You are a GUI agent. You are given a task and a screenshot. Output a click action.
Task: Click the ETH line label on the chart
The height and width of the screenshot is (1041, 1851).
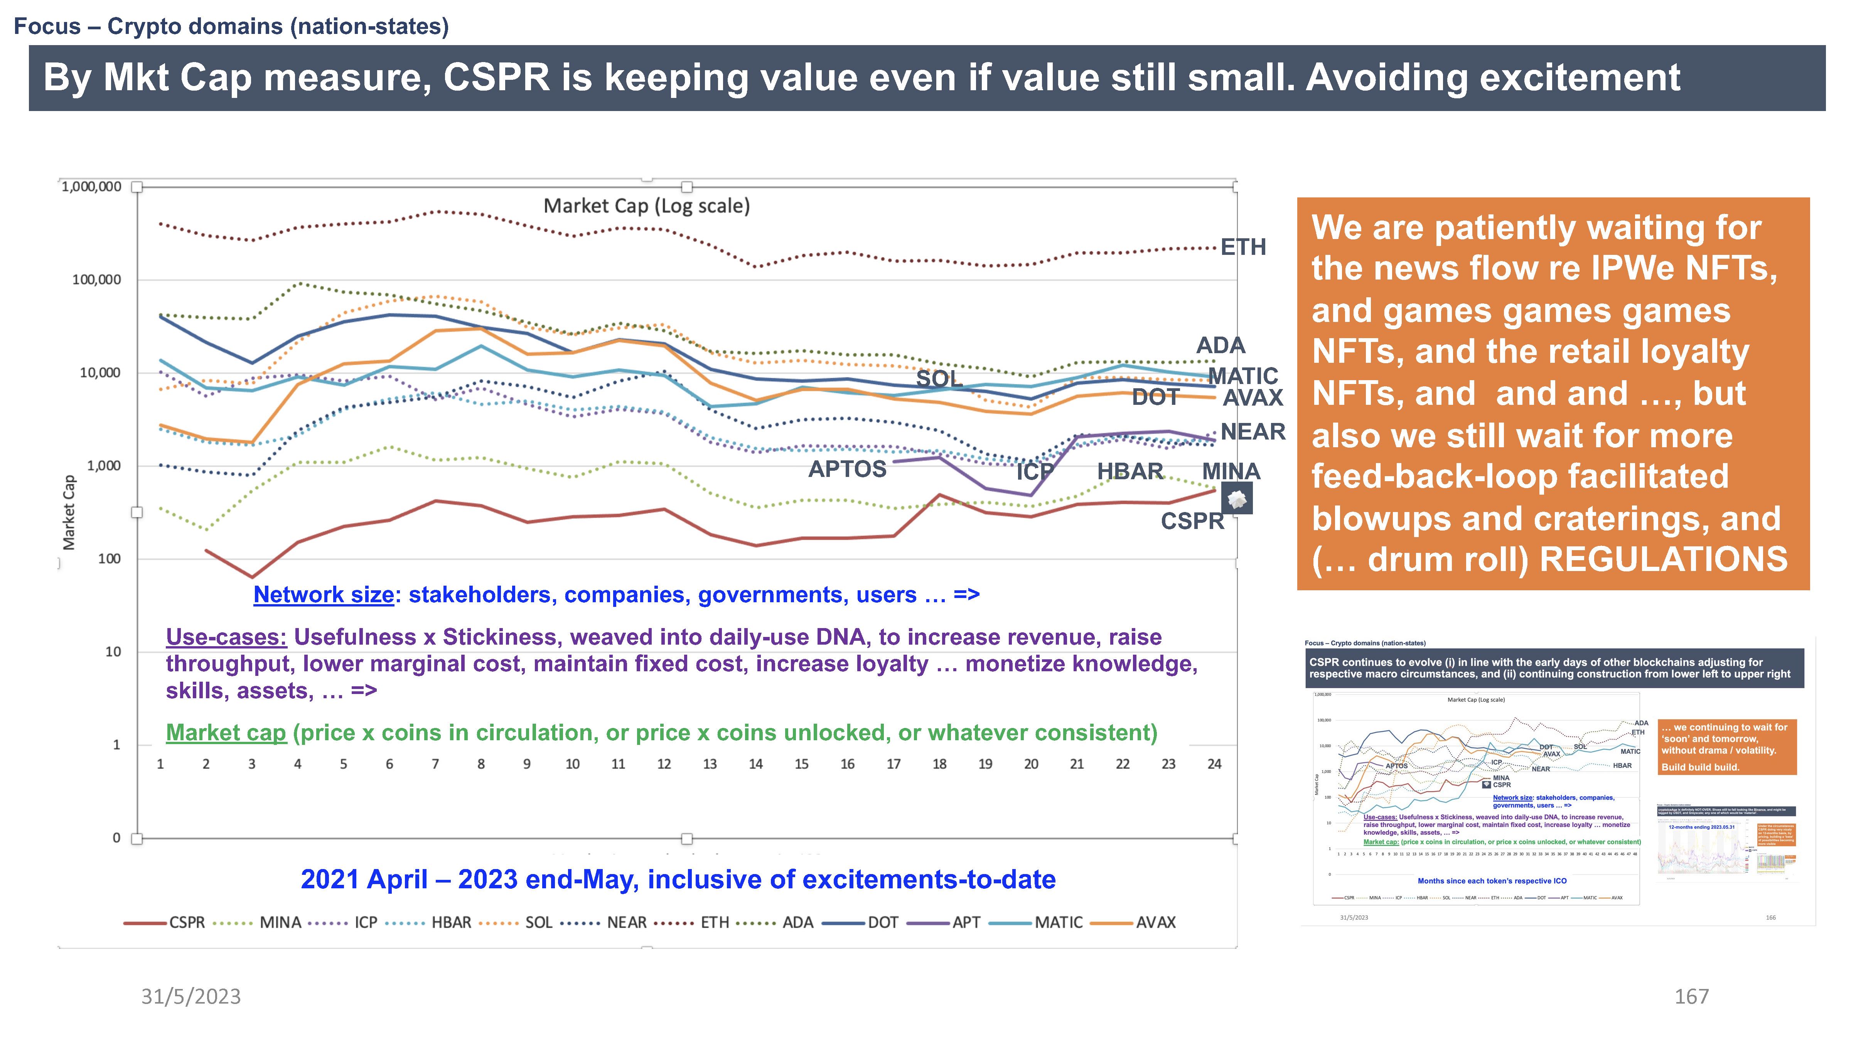click(1243, 247)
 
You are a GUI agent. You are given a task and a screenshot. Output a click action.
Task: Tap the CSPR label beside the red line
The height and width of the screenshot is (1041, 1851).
click(1192, 521)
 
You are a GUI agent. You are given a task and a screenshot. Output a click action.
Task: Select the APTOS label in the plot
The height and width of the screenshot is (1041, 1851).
click(847, 469)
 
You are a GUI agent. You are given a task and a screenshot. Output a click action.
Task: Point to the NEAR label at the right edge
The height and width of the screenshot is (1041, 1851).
click(1253, 432)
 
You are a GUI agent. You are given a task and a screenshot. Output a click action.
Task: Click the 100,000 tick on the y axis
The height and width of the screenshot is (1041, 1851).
click(96, 280)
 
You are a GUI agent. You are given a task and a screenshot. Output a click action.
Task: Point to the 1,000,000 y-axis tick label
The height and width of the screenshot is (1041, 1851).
click(91, 187)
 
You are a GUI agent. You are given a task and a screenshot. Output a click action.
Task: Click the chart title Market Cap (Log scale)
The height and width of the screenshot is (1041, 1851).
click(646, 206)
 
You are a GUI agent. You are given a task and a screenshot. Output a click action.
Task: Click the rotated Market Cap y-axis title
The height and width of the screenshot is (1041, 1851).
click(69, 512)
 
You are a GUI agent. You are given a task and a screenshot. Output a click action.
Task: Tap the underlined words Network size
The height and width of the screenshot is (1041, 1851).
click(324, 595)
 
